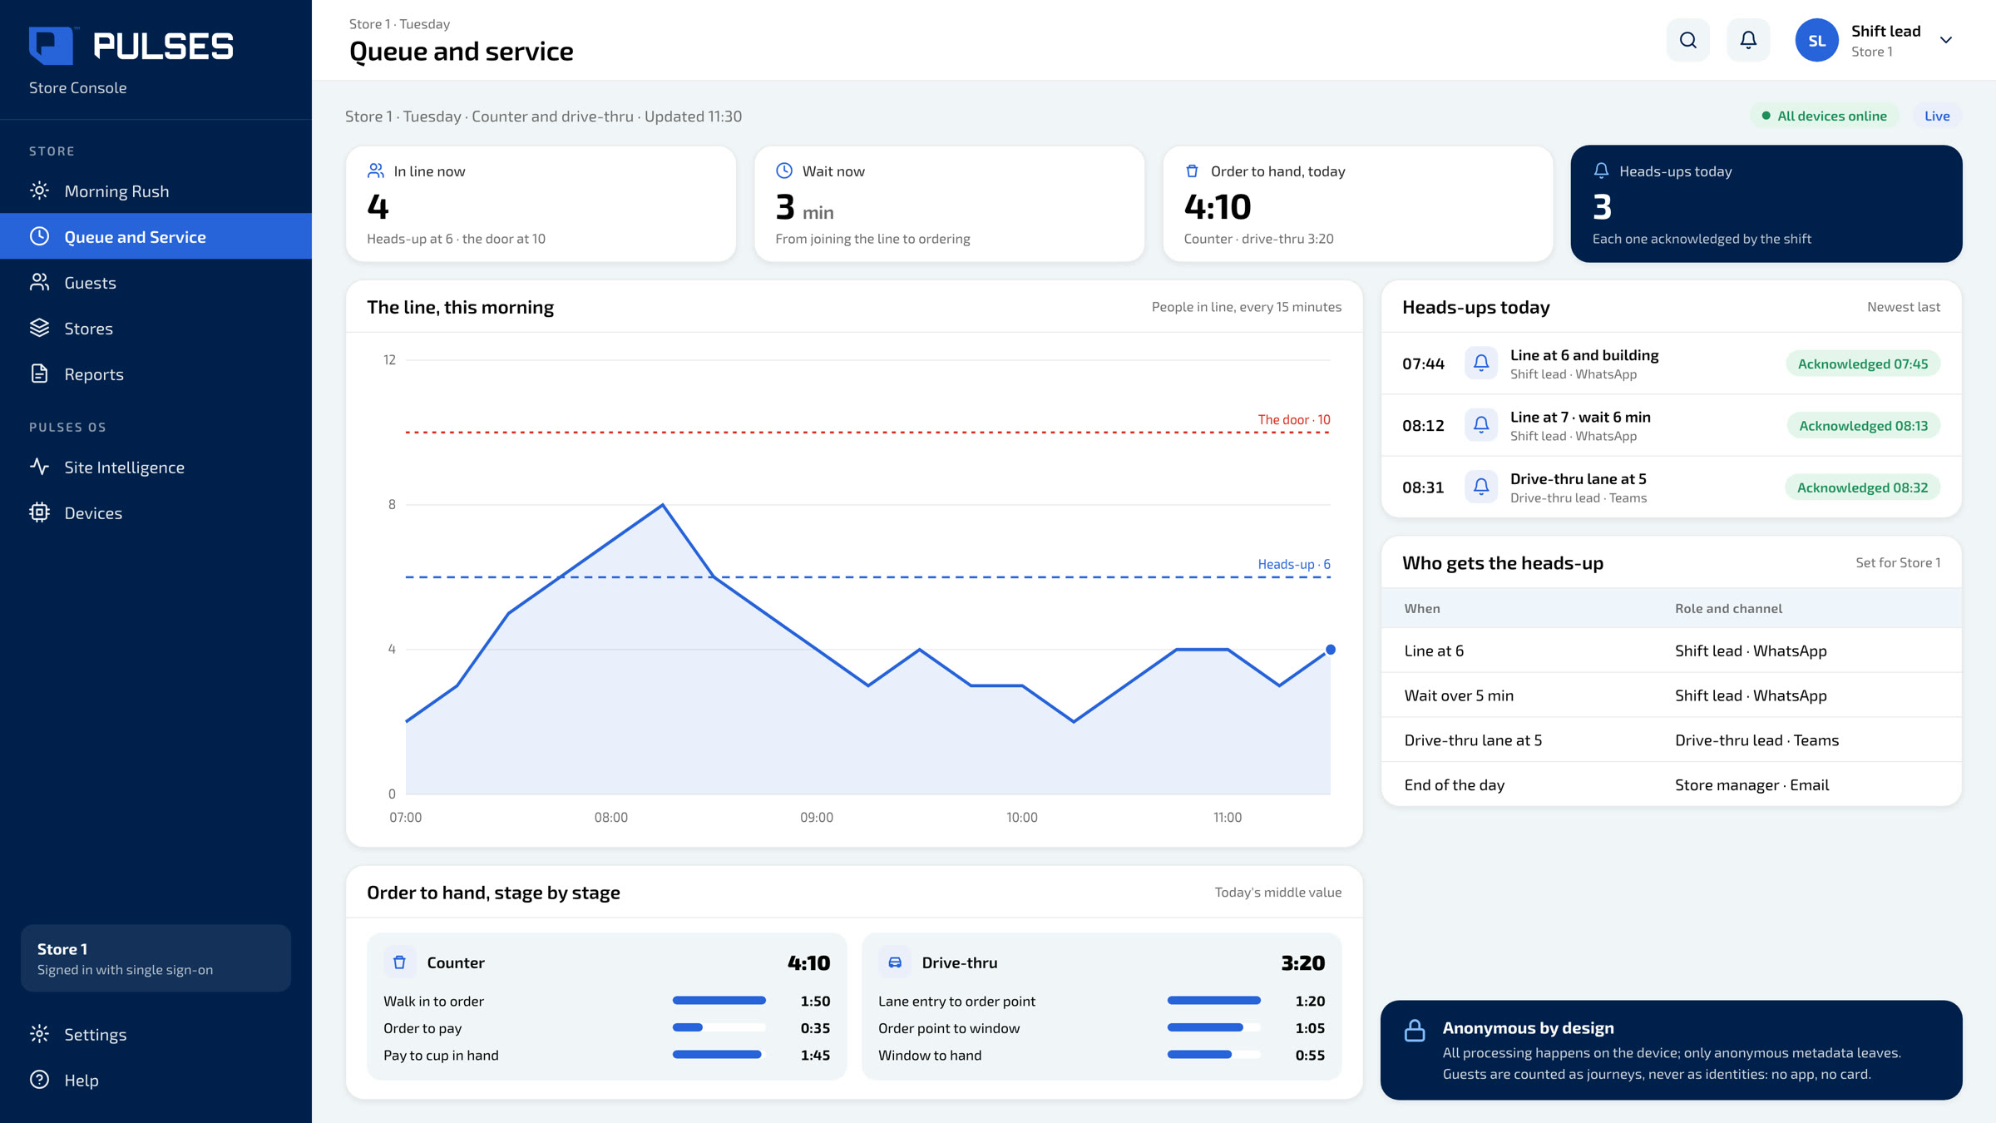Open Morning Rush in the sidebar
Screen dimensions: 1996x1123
[x=116, y=191]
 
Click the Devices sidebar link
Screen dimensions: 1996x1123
[x=93, y=513]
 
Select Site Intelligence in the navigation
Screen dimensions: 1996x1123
[x=124, y=468]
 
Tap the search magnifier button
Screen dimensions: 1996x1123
[x=1688, y=40]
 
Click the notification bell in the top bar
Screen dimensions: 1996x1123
[x=1748, y=40]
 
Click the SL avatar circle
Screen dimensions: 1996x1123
[x=1816, y=40]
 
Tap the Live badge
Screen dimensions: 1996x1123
[x=1937, y=116]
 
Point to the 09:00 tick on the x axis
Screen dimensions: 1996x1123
[x=817, y=818]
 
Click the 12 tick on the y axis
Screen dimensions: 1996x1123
[x=389, y=360]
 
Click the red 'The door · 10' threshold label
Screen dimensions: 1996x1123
[x=1294, y=420]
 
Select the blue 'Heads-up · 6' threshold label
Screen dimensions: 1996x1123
[x=1294, y=565]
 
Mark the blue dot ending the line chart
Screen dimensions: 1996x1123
[x=1331, y=650]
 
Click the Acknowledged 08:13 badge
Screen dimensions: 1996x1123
[x=1863, y=426]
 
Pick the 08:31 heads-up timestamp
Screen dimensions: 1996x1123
[x=1423, y=487]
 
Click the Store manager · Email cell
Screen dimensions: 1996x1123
[x=1751, y=785]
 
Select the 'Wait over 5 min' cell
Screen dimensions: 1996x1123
[x=1459, y=696]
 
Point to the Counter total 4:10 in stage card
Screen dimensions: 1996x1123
[x=808, y=963]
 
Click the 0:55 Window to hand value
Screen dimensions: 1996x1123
[x=1310, y=1056]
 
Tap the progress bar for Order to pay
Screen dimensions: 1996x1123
[x=719, y=1028]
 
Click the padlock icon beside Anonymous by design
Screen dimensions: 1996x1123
[x=1415, y=1031]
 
